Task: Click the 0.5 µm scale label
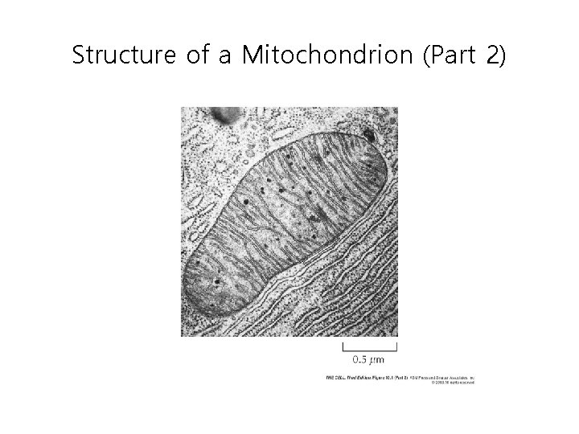click(x=370, y=359)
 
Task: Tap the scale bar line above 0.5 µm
click(x=370, y=350)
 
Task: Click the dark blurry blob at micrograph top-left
click(x=227, y=117)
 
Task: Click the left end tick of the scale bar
click(x=343, y=347)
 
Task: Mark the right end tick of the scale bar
click(x=397, y=347)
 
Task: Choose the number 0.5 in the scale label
click(x=359, y=359)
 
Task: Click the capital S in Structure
click(x=78, y=55)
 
